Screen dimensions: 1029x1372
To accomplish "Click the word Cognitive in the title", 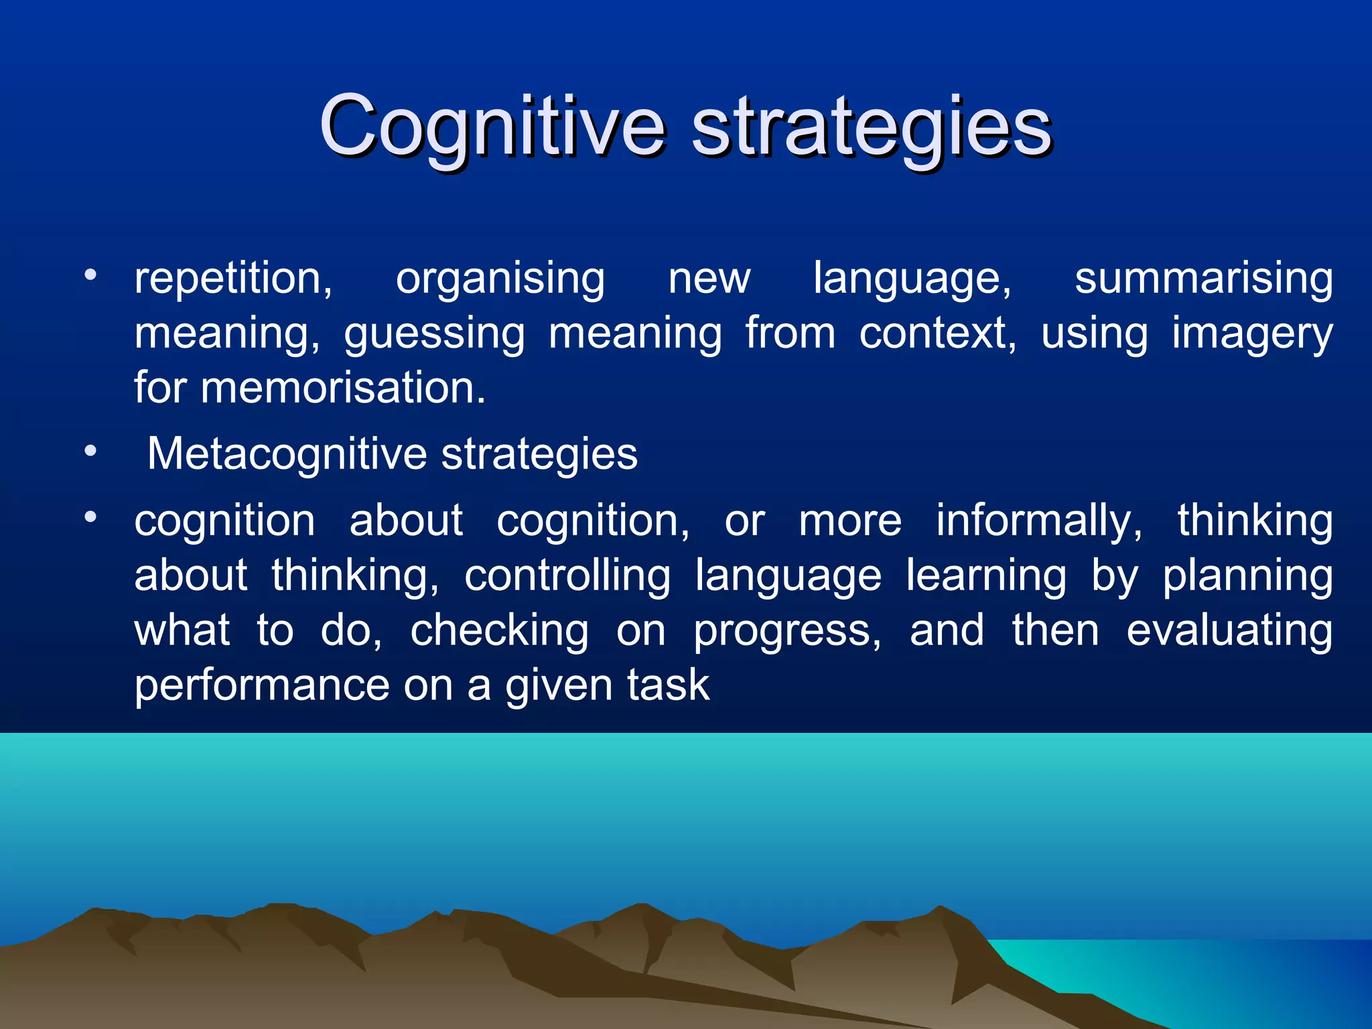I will click(492, 127).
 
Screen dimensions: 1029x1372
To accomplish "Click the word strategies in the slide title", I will click(871, 127).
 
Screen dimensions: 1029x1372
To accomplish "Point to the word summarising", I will click(1203, 278).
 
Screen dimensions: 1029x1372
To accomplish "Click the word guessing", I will click(434, 333).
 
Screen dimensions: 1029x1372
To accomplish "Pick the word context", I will click(937, 333).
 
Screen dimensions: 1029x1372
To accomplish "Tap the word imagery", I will click(1251, 333).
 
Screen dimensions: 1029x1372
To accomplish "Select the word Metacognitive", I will click(286, 454).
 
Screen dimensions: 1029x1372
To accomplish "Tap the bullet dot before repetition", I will click(90, 275).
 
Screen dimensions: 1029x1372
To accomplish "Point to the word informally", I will click(1038, 521).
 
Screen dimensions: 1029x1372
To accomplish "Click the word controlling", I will click(567, 575).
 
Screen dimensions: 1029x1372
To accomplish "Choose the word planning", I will click(1247, 575).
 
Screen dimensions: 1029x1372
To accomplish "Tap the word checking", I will click(500, 630).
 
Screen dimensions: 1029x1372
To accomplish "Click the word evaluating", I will click(1229, 630).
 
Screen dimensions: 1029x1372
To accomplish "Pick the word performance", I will click(262, 685).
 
